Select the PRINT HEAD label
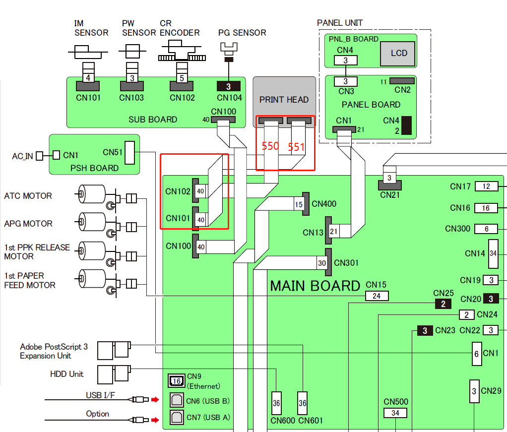284,100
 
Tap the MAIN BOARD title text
315,286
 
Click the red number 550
270,146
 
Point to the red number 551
296,147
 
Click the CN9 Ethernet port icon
176,381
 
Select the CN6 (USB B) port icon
176,400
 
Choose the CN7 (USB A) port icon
176,417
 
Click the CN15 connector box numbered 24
377,296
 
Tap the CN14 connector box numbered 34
493,253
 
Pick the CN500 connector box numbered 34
395,413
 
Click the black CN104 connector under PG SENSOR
229,86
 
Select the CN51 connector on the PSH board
129,152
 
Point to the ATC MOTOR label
28,196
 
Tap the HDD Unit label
66,374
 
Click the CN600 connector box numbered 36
276,404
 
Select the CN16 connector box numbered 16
486,208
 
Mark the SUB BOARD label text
153,120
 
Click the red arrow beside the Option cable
155,420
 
